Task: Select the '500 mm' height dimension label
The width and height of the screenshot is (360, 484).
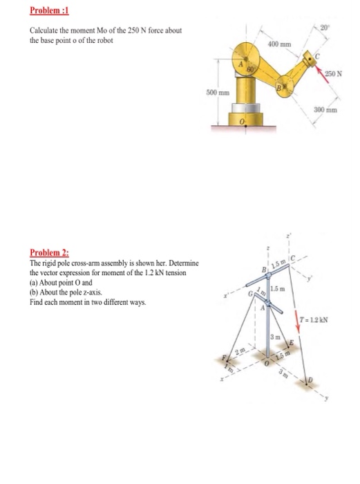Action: pyautogui.click(x=218, y=92)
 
